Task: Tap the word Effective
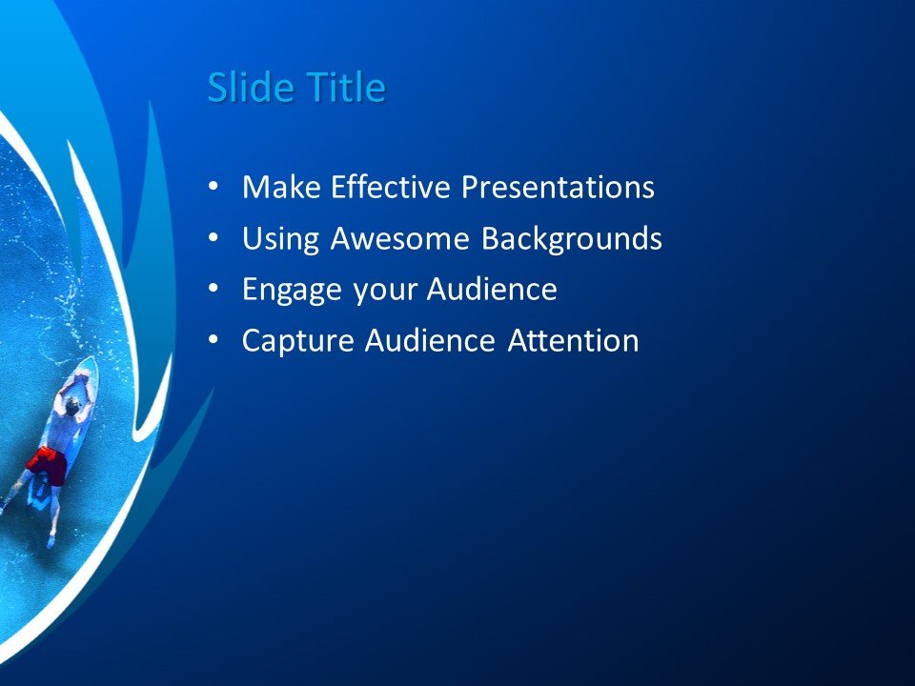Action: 392,187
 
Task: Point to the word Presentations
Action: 558,187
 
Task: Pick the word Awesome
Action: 401,238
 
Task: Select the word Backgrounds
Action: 571,238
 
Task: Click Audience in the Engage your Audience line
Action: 492,290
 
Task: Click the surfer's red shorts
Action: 47,464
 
